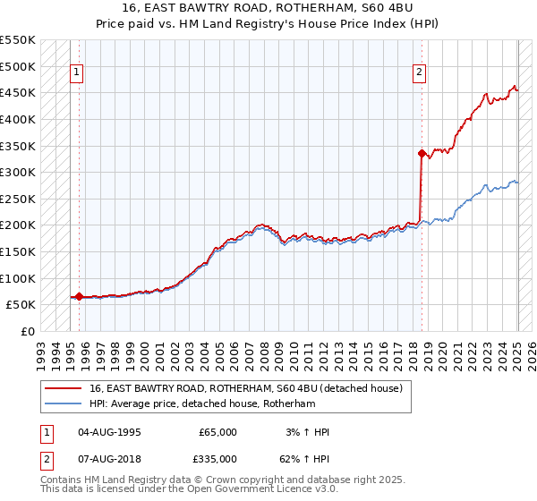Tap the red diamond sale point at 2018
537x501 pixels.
tap(422, 153)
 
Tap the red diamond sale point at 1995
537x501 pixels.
tap(79, 296)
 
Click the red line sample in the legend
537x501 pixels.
tap(63, 388)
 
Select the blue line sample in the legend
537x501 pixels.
tap(63, 404)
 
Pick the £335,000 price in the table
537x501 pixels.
tap(217, 459)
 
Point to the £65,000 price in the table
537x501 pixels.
tap(217, 432)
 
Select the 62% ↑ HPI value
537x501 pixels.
tap(305, 459)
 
